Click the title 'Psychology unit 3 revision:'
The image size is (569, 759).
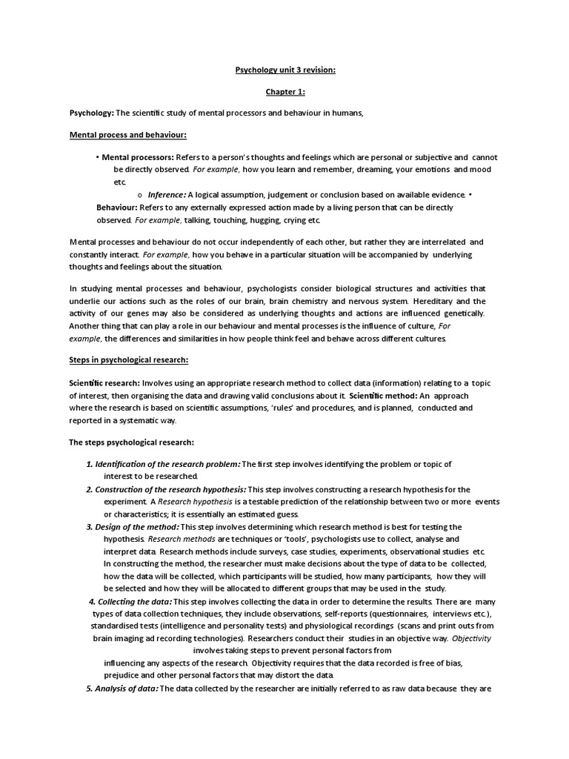coord(285,70)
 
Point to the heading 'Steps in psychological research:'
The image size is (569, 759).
coord(129,359)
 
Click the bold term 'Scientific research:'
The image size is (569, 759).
coord(104,383)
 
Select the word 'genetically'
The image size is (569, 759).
coord(459,314)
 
